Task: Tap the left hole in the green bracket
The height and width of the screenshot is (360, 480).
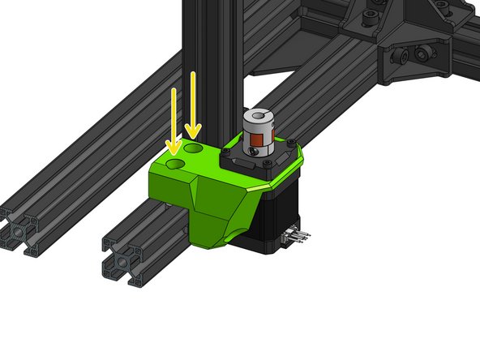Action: [x=174, y=164]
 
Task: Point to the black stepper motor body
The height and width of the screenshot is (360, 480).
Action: [x=280, y=211]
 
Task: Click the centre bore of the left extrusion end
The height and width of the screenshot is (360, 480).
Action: [x=18, y=229]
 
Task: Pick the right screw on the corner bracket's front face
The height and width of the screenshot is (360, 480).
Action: [x=422, y=53]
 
